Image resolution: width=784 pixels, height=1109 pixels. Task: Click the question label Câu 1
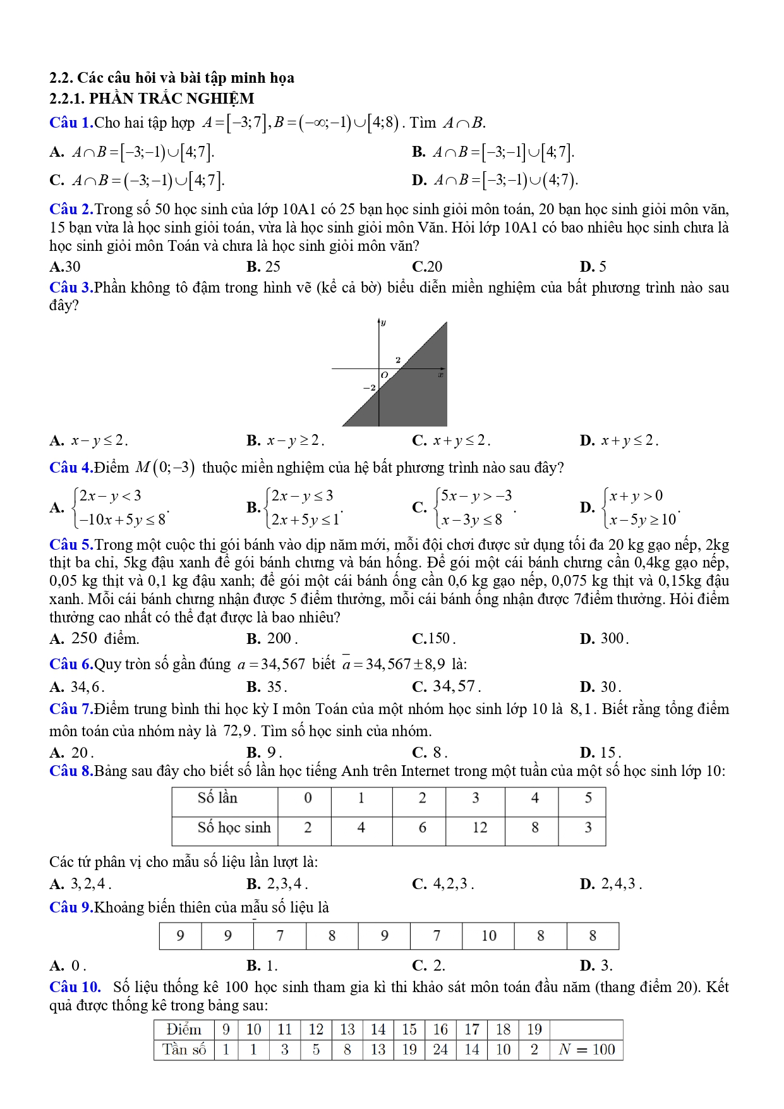coord(71,123)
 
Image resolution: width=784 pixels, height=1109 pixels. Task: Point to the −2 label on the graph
coord(370,387)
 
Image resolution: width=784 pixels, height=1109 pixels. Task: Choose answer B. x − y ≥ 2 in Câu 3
coord(286,440)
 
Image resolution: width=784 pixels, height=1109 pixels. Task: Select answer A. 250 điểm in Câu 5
coord(95,639)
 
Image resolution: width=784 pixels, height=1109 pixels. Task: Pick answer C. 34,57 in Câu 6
coord(446,687)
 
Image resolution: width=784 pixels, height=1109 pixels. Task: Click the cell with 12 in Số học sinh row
coord(479,828)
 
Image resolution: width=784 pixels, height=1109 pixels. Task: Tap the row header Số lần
coord(218,798)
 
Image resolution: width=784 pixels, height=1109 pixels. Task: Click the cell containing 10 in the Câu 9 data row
coord(488,936)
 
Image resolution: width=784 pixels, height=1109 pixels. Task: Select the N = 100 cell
coord(587,1050)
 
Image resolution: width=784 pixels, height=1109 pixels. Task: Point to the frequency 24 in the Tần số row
coord(440,1050)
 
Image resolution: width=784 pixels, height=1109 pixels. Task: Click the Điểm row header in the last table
coord(184,1029)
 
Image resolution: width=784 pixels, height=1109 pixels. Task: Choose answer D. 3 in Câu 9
coord(596,966)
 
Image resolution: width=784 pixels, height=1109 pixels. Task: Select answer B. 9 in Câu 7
coord(264,753)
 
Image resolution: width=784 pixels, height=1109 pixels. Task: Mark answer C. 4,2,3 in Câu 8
coord(443,884)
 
